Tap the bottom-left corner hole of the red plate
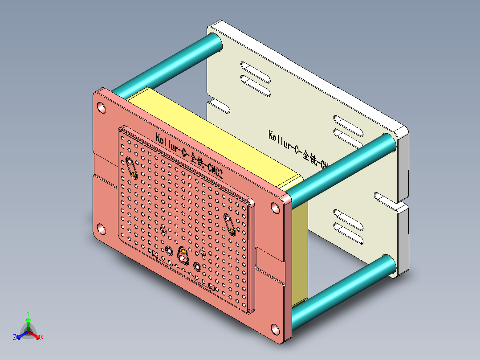point(101,229)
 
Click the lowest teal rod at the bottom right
point(343,285)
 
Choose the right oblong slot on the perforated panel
point(230,225)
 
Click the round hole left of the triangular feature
point(169,251)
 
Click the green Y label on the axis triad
point(28,313)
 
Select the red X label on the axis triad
point(41,338)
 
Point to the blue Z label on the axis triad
point(15,338)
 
